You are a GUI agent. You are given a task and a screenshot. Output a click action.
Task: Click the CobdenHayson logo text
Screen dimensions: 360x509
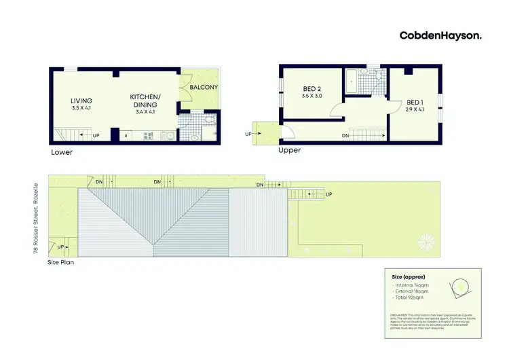pyautogui.click(x=440, y=35)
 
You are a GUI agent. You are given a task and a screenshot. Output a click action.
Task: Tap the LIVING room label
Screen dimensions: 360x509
pyautogui.click(x=81, y=102)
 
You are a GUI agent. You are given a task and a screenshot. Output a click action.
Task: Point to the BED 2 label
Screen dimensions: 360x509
pyautogui.click(x=312, y=89)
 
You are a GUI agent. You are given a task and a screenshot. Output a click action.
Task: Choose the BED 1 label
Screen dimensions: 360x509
pyautogui.click(x=415, y=101)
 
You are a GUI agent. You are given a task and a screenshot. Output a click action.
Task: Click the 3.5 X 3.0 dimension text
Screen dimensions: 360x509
pyautogui.click(x=312, y=96)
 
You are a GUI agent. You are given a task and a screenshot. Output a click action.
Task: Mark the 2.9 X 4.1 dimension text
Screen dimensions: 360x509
pyautogui.click(x=415, y=108)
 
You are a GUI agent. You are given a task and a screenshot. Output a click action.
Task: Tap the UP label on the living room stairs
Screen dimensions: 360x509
pyautogui.click(x=95, y=136)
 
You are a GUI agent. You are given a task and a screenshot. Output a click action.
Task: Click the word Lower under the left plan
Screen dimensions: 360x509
pyautogui.click(x=62, y=152)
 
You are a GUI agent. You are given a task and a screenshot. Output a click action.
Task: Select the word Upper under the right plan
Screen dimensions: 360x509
pyautogui.click(x=290, y=150)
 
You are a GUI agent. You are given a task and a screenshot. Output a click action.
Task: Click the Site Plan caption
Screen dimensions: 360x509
pyautogui.click(x=60, y=262)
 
